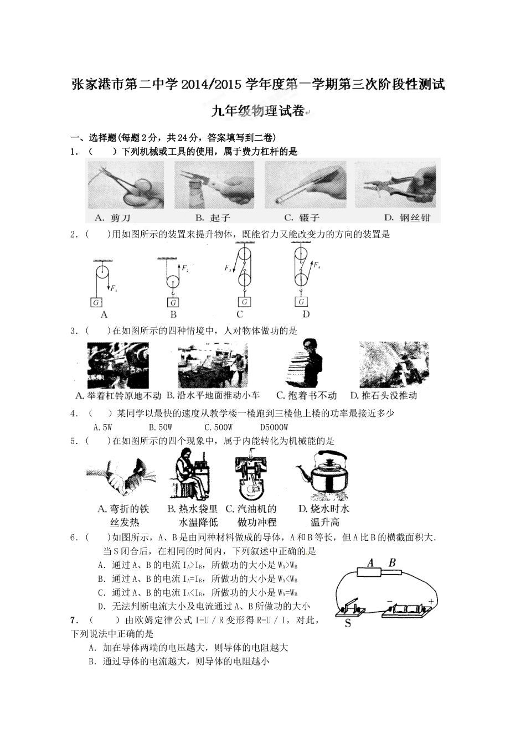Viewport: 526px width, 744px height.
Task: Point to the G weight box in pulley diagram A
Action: click(x=96, y=302)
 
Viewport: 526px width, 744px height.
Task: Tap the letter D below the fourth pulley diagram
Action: click(x=306, y=314)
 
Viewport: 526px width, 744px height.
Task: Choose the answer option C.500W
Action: click(x=218, y=427)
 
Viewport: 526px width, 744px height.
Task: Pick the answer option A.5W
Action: click(x=103, y=427)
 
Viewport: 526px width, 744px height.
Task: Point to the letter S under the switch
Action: click(x=348, y=623)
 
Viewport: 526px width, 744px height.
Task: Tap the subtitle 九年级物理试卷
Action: click(x=258, y=111)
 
